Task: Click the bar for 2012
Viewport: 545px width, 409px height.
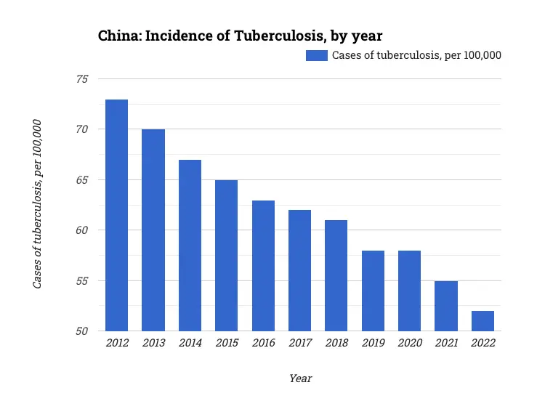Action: (116, 216)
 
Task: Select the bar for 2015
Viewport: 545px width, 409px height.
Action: (226, 256)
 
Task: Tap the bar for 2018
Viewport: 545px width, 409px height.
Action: (336, 276)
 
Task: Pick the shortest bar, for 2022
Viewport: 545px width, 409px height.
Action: (483, 321)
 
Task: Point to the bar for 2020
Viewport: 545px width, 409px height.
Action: (409, 291)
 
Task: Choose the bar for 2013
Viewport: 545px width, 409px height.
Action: (153, 230)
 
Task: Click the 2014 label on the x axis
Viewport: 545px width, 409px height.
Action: (190, 343)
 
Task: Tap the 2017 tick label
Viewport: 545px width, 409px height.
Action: (299, 343)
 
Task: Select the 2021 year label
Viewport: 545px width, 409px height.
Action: (446, 343)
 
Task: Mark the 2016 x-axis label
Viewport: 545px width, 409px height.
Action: (263, 343)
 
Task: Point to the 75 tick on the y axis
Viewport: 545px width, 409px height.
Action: (81, 79)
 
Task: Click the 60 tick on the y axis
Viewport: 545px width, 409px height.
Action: (81, 230)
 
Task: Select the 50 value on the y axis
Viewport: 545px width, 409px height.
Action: (81, 331)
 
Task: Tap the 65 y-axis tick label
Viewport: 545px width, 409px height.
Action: (81, 180)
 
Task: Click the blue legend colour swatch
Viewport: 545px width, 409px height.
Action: (316, 55)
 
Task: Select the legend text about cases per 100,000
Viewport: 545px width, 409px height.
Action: (416, 55)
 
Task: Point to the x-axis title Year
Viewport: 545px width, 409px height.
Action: (300, 378)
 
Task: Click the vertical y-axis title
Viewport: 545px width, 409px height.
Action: (37, 204)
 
